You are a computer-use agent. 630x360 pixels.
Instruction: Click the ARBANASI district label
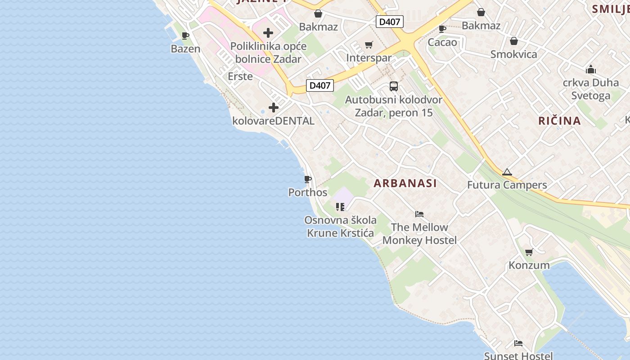(x=405, y=183)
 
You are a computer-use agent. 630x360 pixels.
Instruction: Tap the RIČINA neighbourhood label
(x=560, y=121)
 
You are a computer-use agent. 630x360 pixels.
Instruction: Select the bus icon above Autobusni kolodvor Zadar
(x=394, y=86)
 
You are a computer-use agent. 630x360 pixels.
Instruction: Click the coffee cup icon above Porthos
(x=308, y=180)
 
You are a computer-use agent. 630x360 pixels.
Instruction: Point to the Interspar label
(x=369, y=58)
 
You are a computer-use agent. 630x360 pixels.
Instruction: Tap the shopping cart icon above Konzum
(x=529, y=252)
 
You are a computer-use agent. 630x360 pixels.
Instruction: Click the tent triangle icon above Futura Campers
(x=507, y=172)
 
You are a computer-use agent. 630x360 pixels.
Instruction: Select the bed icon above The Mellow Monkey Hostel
(x=419, y=214)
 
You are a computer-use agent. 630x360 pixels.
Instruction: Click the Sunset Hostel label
(x=518, y=356)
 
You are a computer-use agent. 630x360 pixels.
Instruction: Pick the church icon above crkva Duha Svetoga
(x=591, y=70)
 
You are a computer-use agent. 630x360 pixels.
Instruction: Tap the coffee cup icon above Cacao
(x=442, y=29)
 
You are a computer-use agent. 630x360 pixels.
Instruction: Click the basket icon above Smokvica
(x=514, y=41)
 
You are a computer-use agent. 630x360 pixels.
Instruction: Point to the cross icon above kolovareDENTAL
(x=274, y=108)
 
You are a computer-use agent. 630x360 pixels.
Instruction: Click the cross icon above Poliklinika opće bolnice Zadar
(x=268, y=33)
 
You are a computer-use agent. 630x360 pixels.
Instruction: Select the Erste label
(x=240, y=76)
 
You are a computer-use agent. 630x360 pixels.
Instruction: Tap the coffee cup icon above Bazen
(x=185, y=36)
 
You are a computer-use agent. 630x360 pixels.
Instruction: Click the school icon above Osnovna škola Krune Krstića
(x=340, y=207)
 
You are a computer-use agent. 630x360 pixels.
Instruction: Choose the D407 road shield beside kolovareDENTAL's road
(x=320, y=85)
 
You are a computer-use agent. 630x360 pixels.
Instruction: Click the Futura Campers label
(x=507, y=185)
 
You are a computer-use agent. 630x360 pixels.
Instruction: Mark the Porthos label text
(x=308, y=193)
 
